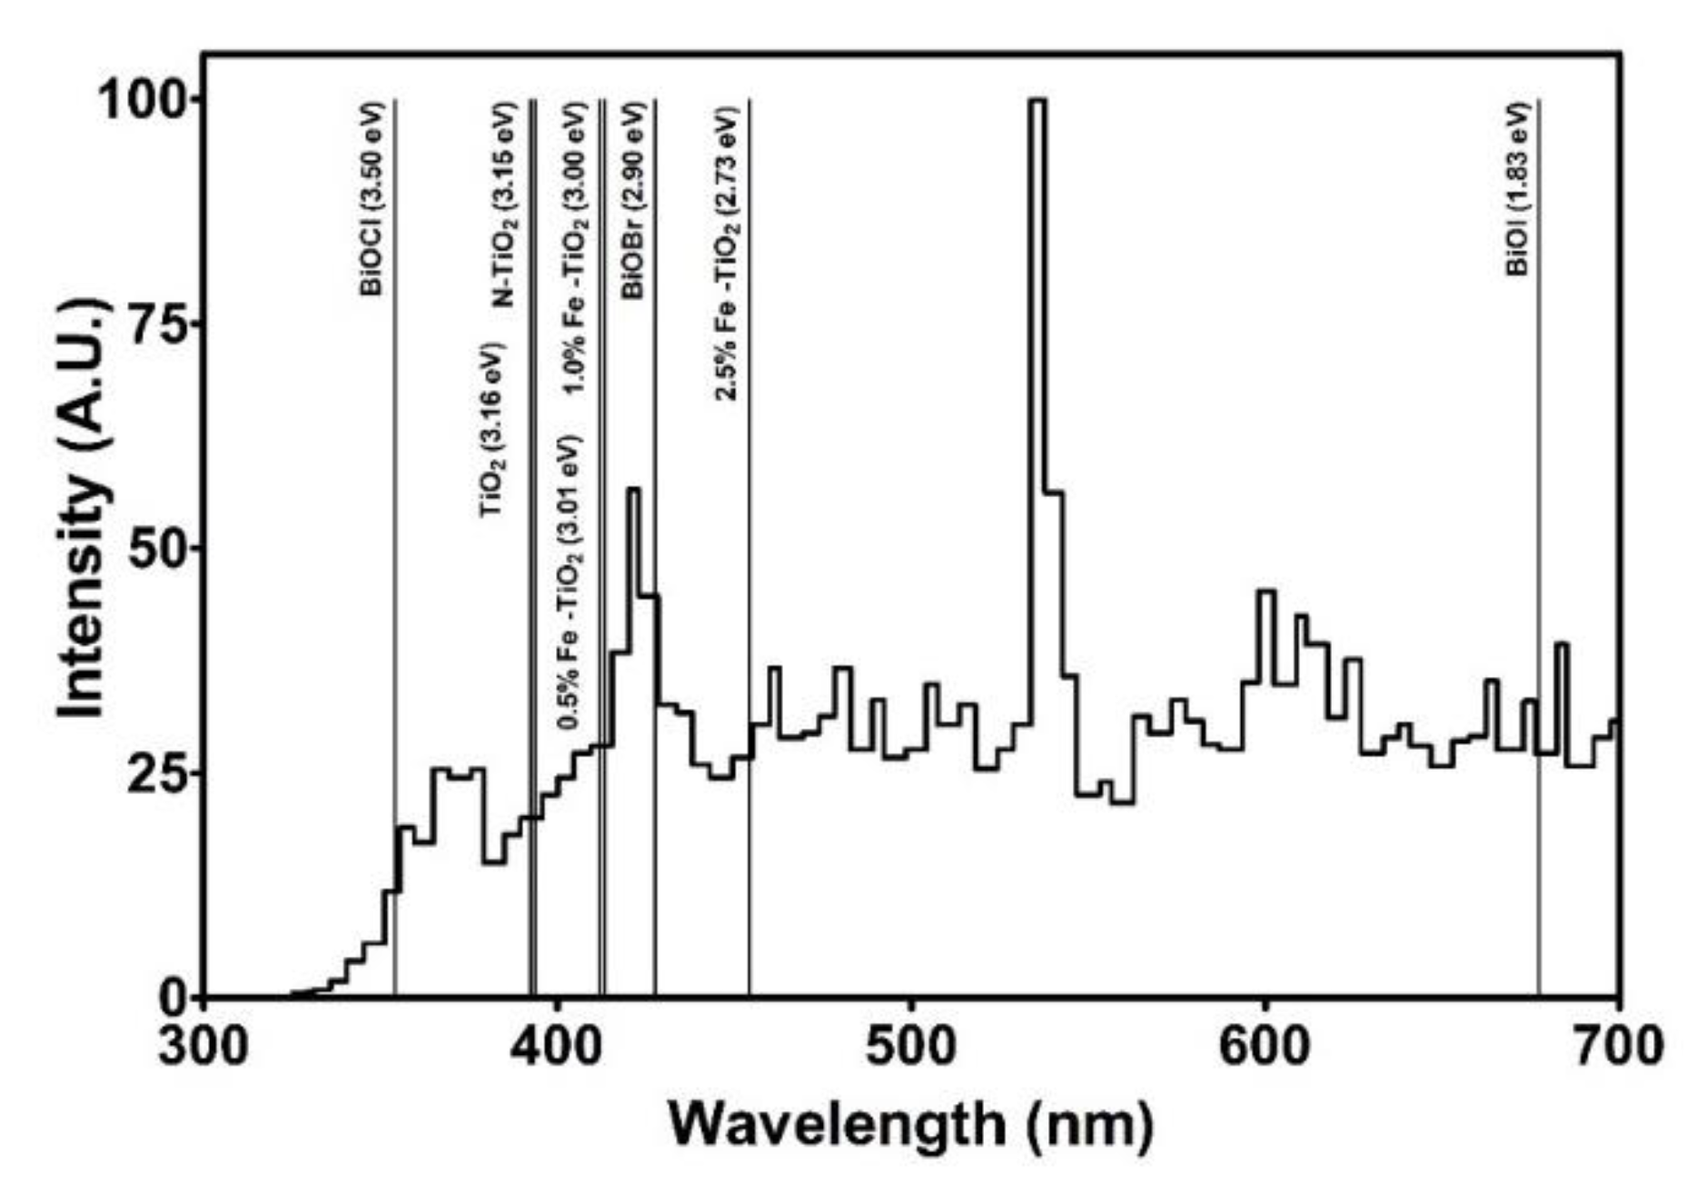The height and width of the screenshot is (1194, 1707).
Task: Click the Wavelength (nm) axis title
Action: pos(910,1125)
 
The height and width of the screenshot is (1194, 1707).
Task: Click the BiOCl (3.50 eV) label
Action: pos(372,199)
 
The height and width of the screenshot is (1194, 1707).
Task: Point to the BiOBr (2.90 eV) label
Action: pos(633,201)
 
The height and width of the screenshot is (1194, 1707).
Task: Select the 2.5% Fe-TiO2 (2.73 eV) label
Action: pos(727,254)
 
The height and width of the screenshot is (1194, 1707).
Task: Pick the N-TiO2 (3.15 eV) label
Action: pos(504,205)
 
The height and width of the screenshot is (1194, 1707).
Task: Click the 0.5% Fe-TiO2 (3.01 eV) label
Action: pos(570,582)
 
